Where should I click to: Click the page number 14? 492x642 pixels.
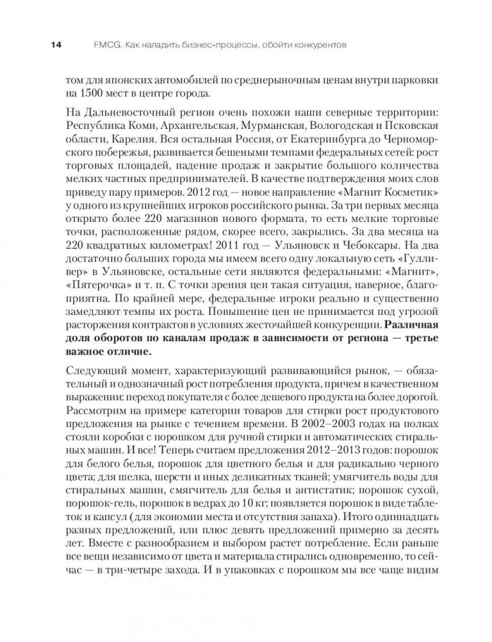(x=55, y=46)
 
